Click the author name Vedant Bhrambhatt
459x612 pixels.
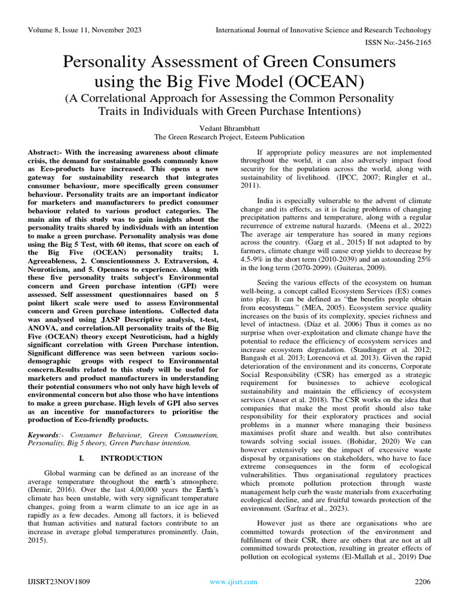[229, 127]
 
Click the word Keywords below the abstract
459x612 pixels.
[45, 434]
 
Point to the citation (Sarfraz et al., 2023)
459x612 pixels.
[328, 508]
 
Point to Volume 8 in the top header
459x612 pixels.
[42, 30]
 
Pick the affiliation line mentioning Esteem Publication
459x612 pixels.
[229, 136]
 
